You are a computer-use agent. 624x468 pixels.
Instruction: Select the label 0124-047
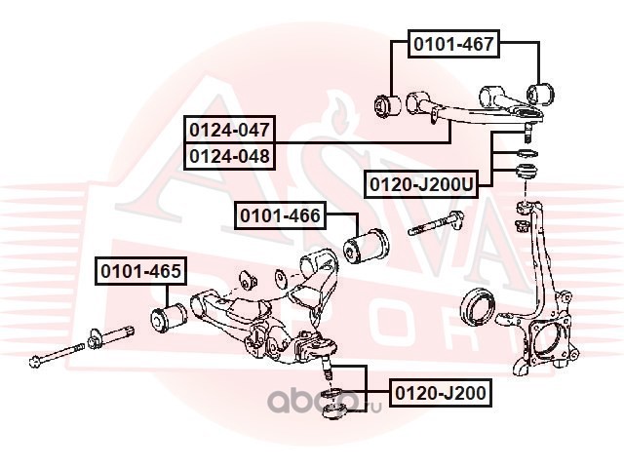click(x=231, y=129)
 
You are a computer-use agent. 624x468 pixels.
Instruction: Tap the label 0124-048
click(x=231, y=154)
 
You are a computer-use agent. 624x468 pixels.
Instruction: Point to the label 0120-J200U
click(x=421, y=183)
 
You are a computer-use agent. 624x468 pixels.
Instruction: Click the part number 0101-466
click(x=280, y=214)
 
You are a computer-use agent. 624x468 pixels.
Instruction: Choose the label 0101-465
click(x=138, y=271)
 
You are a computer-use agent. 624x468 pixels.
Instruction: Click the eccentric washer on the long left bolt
click(x=97, y=338)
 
